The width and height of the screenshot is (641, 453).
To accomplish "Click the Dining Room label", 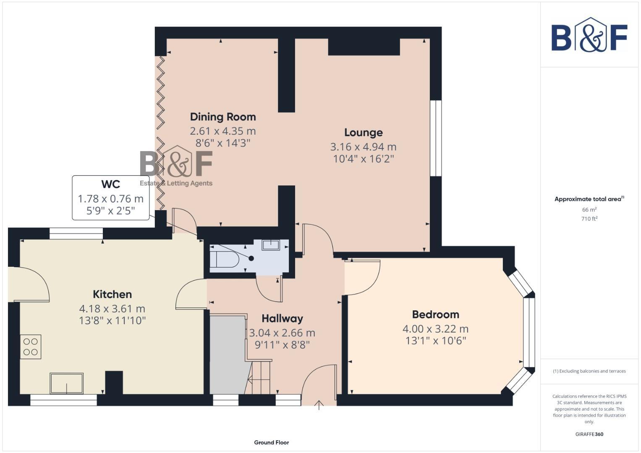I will [222, 117].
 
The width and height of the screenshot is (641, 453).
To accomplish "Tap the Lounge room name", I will [363, 133].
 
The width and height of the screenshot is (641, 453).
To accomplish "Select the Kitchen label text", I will [112, 294].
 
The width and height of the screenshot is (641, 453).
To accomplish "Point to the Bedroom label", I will [435, 314].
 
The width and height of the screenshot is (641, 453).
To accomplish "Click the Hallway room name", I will [282, 318].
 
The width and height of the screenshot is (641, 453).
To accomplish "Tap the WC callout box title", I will [110, 184].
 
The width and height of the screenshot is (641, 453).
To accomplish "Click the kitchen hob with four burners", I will [31, 346].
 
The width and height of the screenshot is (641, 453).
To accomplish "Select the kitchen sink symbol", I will [66, 383].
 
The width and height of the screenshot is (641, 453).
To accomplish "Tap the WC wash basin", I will [271, 245].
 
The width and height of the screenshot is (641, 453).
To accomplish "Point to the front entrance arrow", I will [319, 405].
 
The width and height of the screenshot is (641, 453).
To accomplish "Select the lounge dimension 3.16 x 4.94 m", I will [363, 147].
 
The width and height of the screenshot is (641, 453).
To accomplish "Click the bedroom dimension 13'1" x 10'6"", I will [435, 341].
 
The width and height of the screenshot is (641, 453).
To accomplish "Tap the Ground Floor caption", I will [271, 442].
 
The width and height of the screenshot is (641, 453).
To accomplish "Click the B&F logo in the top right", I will [589, 36].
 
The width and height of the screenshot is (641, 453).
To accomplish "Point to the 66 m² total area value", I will [589, 209].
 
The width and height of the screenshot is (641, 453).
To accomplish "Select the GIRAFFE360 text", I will [589, 434].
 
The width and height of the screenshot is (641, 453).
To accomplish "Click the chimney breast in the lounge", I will [364, 47].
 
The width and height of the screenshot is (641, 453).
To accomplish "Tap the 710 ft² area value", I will [589, 219].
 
